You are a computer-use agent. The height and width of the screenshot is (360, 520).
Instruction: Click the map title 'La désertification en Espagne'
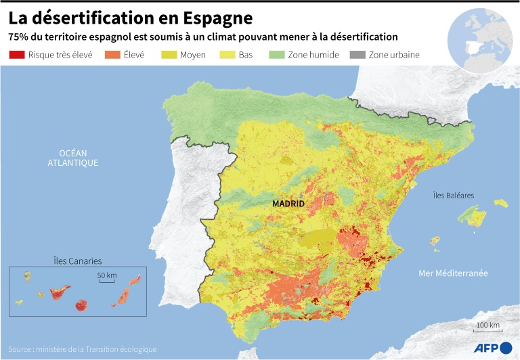[131, 16]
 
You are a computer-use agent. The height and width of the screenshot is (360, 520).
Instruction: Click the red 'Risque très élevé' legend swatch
[17, 55]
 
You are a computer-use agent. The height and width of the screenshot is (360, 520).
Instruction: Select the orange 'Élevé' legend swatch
[112, 55]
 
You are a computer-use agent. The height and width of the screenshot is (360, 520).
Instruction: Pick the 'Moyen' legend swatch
[169, 55]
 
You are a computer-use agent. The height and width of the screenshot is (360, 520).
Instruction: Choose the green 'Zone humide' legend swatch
[277, 55]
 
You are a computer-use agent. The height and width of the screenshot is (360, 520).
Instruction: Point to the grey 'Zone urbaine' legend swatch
[358, 55]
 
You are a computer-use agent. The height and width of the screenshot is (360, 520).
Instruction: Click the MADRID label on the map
[288, 203]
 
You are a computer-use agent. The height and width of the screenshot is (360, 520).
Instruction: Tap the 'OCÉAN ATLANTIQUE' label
[72, 158]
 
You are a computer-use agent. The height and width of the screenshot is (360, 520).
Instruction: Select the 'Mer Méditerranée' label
[453, 273]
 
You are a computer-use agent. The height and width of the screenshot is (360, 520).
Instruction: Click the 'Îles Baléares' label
[454, 196]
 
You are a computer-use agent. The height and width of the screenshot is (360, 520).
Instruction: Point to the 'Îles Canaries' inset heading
[77, 261]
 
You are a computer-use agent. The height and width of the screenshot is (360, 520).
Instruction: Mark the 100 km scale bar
[487, 332]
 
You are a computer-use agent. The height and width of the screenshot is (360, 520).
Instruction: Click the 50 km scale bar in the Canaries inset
[106, 280]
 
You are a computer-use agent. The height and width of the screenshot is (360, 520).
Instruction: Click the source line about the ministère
[83, 349]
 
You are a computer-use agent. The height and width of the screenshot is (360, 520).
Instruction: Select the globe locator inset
[480, 40]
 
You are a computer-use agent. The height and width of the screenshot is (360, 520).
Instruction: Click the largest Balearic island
[473, 217]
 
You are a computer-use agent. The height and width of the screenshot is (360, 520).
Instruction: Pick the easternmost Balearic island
[501, 202]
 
